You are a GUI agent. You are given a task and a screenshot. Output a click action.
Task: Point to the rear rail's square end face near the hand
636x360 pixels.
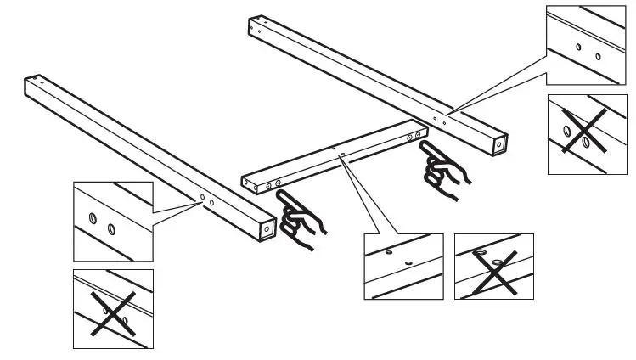pyautogui.click(x=498, y=145)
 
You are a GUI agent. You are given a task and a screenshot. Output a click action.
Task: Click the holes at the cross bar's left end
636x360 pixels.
pyautogui.click(x=273, y=182)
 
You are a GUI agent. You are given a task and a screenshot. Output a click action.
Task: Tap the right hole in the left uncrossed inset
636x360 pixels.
pyautogui.click(x=111, y=228)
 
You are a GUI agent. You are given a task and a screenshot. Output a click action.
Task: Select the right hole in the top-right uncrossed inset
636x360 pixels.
pyautogui.click(x=597, y=57)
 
